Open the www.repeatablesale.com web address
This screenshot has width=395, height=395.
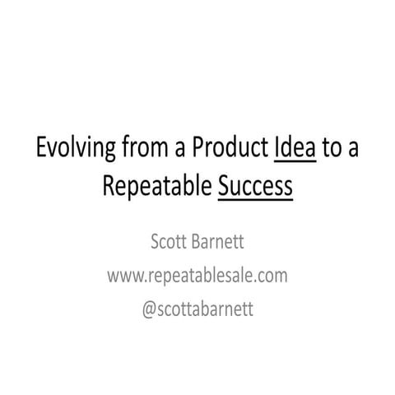pos(197,275)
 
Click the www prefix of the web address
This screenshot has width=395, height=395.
pos(123,275)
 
